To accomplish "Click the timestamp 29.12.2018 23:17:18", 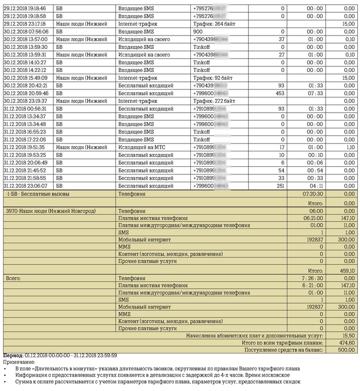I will coord(25,24).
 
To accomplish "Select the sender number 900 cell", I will coord(198,31).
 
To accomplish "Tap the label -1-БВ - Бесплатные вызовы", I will coord(37,194).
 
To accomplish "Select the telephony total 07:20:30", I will coord(313,194).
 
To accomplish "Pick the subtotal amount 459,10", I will coord(347,270).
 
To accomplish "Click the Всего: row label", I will coord(13,278).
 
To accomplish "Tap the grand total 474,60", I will coord(347,343).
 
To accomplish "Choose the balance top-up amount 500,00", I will coord(347,350).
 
